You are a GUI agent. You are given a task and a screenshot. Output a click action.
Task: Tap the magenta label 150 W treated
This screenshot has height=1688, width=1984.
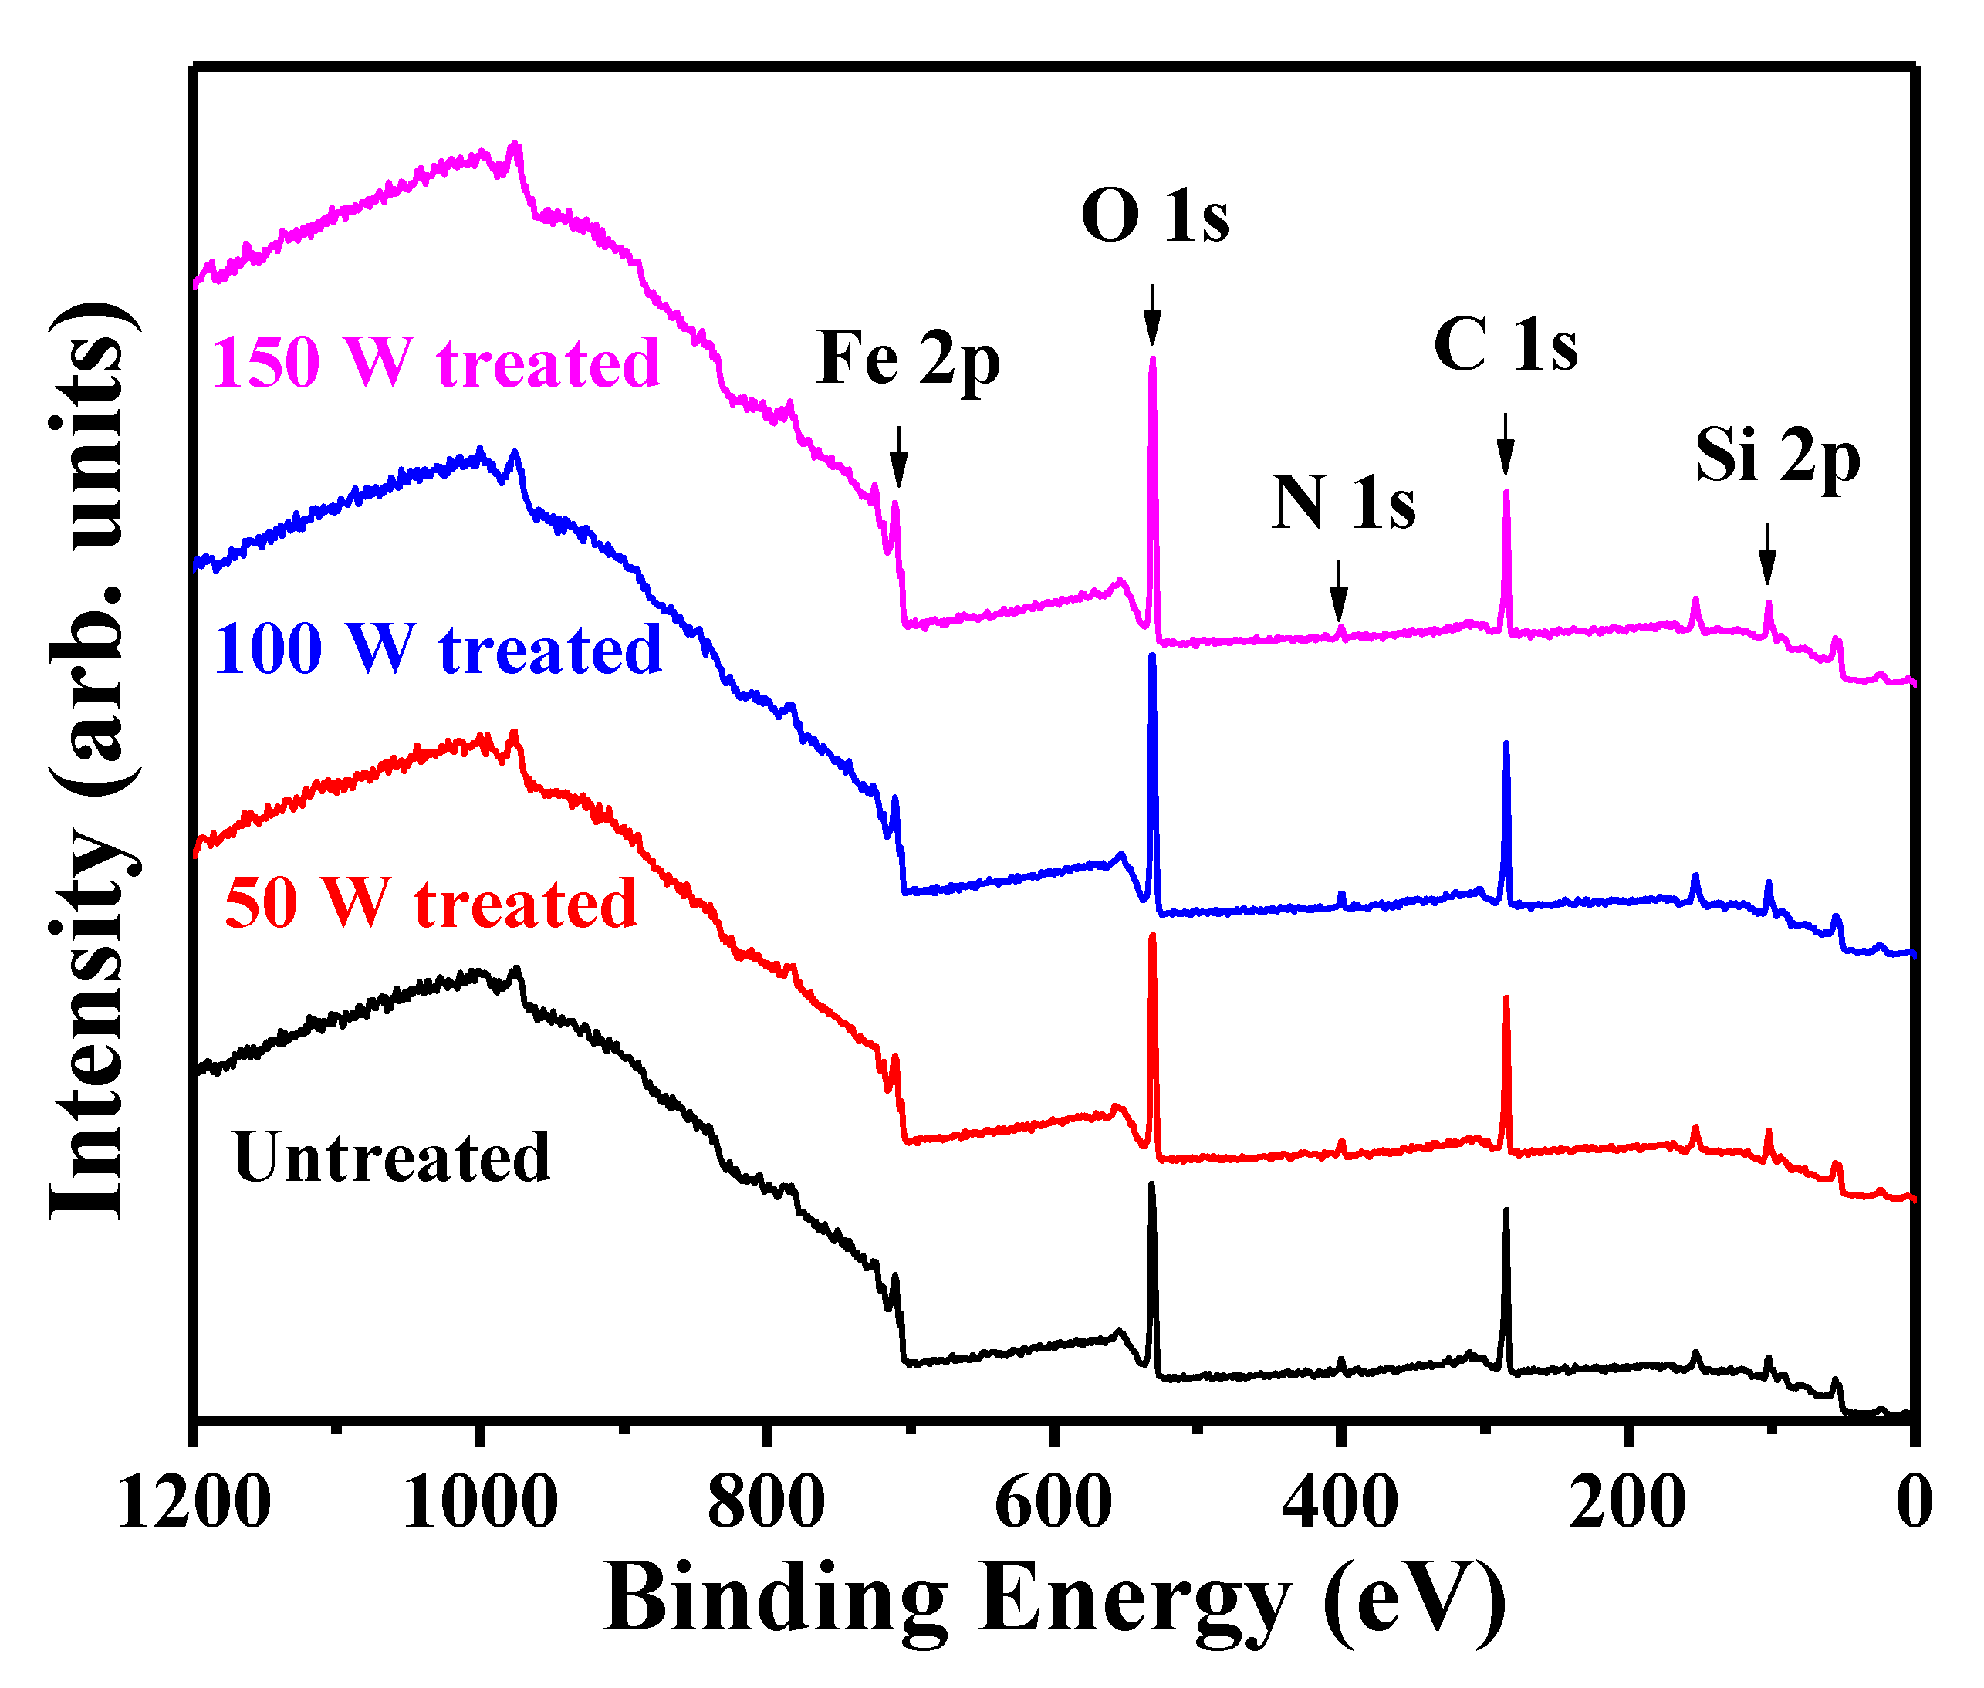pyautogui.click(x=435, y=364)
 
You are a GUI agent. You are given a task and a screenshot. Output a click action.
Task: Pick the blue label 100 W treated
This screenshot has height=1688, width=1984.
pyautogui.click(x=438, y=650)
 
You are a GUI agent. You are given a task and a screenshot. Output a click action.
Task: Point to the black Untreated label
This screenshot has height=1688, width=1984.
pyautogui.click(x=391, y=1157)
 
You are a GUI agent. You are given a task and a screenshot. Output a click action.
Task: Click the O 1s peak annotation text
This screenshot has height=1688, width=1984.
pyautogui.click(x=1154, y=216)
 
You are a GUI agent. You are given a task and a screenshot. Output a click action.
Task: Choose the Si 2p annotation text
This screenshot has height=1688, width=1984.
pyautogui.click(x=1777, y=456)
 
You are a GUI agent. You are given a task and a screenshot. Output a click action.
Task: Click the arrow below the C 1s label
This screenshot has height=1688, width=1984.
pyautogui.click(x=1505, y=444)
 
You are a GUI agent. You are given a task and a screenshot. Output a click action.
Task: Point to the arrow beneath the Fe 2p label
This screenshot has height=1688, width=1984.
pyautogui.click(x=897, y=458)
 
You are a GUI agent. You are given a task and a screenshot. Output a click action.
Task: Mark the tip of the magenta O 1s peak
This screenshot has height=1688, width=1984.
pyautogui.click(x=1153, y=360)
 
